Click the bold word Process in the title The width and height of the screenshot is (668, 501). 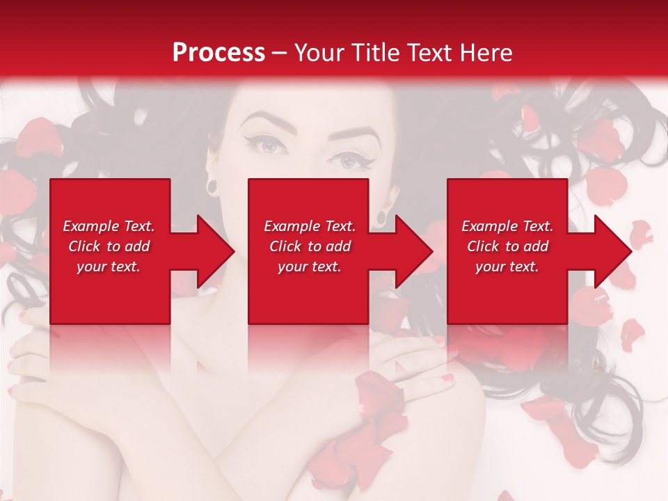tap(218, 53)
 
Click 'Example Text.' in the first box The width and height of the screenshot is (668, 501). tap(109, 226)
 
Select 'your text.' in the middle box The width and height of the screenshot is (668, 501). tap(309, 267)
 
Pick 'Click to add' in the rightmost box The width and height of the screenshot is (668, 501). tap(507, 246)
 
